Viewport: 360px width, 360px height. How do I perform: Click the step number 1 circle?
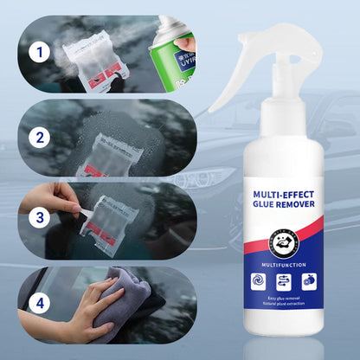[x=35, y=51]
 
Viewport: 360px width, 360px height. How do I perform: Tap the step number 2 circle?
[x=35, y=136]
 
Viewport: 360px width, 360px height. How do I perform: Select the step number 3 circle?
[x=35, y=218]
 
